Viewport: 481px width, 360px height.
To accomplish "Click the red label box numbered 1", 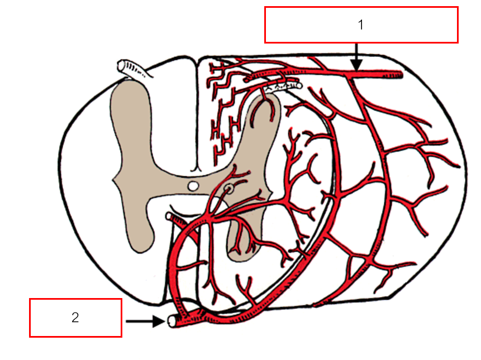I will [361, 25].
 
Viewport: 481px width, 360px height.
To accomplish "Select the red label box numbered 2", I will [75, 318].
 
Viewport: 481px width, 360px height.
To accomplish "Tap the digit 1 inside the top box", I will [361, 25].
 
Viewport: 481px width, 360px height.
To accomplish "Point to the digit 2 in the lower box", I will [75, 318].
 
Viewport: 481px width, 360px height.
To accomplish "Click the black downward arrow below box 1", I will [357, 58].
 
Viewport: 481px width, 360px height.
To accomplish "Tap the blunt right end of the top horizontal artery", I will [401, 74].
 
